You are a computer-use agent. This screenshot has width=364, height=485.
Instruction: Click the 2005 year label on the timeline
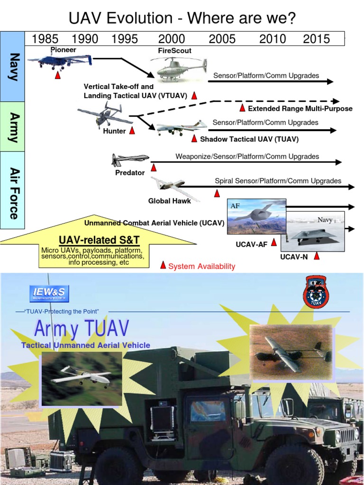(x=222, y=39)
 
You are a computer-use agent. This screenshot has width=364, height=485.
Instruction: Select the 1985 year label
(x=45, y=39)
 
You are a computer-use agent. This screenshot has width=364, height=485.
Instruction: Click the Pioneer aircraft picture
(x=60, y=61)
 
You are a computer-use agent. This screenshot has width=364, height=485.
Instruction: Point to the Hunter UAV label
(x=114, y=131)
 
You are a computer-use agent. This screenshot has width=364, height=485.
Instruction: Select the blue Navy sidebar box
(x=12, y=66)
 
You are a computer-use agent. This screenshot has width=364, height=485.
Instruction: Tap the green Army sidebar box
(x=12, y=126)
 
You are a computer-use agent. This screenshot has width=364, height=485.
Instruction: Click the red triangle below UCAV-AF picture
(x=273, y=242)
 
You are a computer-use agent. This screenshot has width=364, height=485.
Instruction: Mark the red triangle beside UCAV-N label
(x=317, y=256)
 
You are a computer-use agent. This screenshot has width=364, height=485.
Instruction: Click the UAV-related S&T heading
(x=99, y=240)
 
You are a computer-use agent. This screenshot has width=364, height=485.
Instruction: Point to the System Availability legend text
(x=201, y=266)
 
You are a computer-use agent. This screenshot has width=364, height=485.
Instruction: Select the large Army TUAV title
(x=82, y=329)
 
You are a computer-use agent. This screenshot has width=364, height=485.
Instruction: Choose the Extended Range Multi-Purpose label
(x=300, y=108)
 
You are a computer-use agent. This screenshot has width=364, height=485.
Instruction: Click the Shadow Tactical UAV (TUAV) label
(x=249, y=139)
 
